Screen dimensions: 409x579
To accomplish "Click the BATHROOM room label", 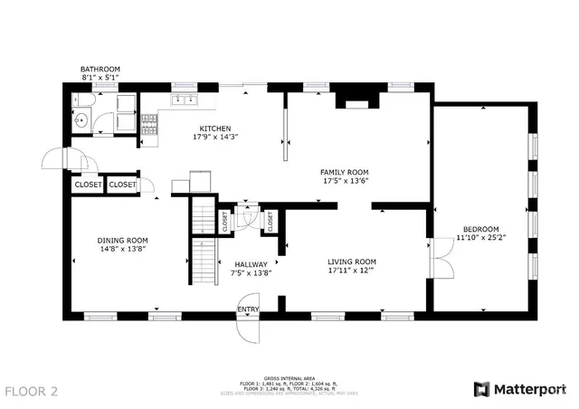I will (100, 69).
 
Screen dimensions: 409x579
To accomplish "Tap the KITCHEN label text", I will (214, 128).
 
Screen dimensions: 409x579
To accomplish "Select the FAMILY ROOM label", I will (346, 172).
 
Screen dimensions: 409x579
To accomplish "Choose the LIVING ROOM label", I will (352, 262).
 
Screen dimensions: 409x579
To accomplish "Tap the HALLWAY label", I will (251, 264).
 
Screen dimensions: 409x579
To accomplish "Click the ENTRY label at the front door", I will (248, 310).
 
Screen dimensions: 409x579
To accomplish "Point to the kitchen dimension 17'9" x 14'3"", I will (214, 138).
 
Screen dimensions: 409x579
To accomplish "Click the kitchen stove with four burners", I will (149, 125).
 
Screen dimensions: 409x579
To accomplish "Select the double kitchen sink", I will (185, 100).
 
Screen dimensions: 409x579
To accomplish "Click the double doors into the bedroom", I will (441, 259).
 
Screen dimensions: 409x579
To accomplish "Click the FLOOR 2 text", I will (32, 391).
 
